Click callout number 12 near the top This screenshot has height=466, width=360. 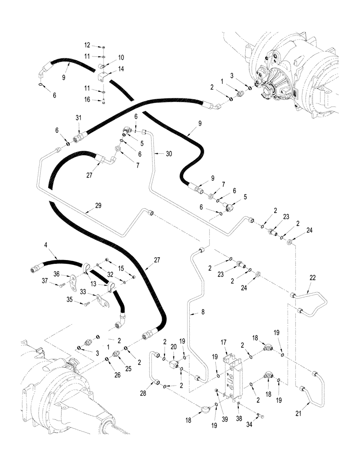(x=87, y=46)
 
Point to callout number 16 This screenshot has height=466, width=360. (x=87, y=99)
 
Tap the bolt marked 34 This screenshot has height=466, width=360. (x=260, y=414)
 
